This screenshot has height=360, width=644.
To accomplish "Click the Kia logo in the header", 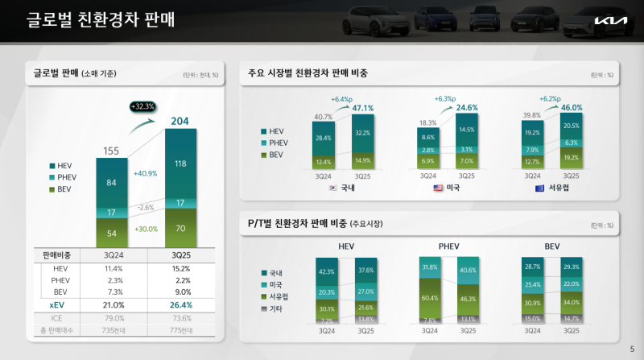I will pos(607,22).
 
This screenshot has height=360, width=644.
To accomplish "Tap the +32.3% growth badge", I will pos(142,106).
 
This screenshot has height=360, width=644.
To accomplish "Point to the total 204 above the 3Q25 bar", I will pos(180,122).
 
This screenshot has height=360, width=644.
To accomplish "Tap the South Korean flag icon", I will pos(332,188).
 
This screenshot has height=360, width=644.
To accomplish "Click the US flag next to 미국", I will pos(439,188).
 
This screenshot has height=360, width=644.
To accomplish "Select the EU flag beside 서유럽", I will pos(539,188).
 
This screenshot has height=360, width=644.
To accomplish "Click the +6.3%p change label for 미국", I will pos(445,99).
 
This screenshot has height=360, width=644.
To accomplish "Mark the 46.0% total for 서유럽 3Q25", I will pos(572,108).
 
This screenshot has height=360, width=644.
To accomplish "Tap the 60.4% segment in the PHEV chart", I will pos(430,297).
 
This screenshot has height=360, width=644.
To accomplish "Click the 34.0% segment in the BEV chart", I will pos(571,303).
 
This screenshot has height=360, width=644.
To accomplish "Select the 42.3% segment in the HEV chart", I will pos(327,271).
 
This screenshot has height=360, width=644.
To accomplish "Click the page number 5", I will pos(631,349).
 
